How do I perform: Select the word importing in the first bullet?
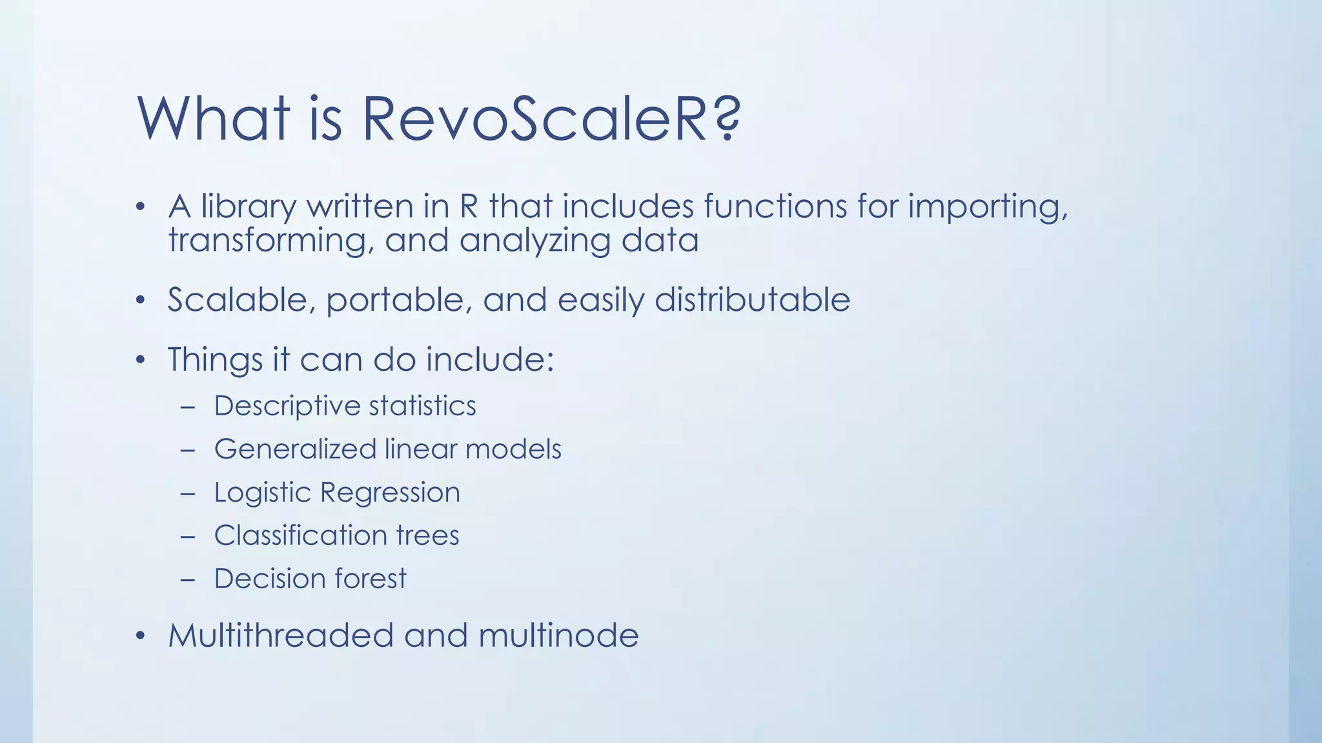tap(988, 207)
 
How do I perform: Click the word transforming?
tap(272, 241)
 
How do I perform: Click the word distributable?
tap(752, 300)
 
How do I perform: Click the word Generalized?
tap(295, 450)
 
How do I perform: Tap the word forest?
tap(371, 579)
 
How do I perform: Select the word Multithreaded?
tap(281, 635)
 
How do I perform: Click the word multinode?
tap(558, 635)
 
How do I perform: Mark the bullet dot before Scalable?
tap(141, 301)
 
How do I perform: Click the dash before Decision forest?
tap(188, 579)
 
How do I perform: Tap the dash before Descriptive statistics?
tap(188, 407)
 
